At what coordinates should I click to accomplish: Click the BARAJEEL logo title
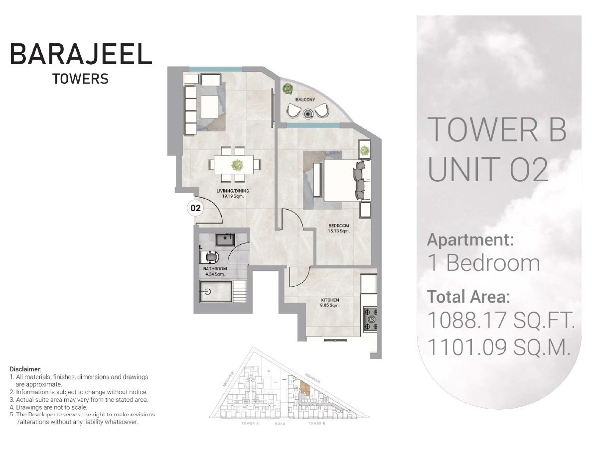[x=81, y=54]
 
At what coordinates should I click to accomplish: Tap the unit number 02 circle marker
[x=195, y=208]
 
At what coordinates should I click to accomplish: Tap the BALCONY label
[x=305, y=100]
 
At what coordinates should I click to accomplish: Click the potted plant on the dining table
[x=237, y=164]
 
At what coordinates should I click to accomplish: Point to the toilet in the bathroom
[x=211, y=257]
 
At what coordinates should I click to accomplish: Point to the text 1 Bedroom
[x=484, y=263]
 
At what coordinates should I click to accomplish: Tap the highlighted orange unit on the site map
[x=305, y=388]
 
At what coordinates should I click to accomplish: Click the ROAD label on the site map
[x=280, y=424]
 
